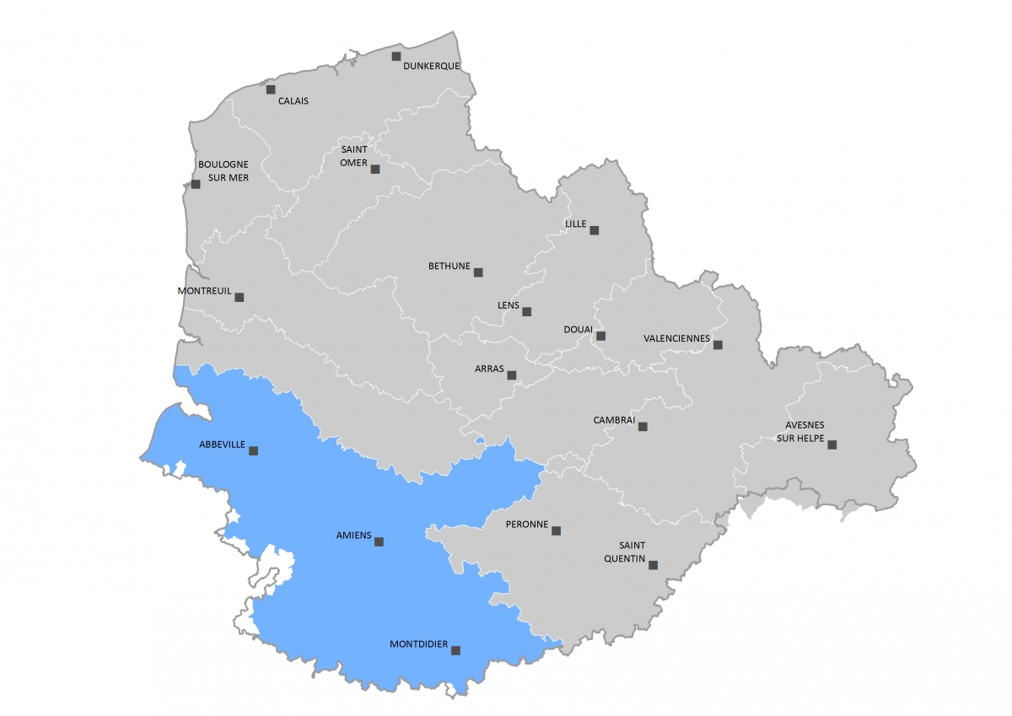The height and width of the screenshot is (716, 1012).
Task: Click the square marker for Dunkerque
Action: [396, 57]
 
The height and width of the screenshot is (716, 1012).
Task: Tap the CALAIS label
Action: [293, 101]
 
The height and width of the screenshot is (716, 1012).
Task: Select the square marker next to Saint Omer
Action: [375, 169]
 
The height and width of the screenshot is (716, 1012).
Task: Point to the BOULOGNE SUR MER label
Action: [223, 171]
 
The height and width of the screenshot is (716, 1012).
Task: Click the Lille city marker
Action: [595, 229]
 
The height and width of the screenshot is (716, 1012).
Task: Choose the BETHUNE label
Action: [449, 266]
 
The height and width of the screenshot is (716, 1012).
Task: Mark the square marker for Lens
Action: [527, 311]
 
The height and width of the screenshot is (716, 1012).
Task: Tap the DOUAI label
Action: [579, 330]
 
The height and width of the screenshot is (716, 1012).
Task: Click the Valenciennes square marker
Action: [718, 344]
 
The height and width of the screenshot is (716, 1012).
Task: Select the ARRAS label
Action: [489, 369]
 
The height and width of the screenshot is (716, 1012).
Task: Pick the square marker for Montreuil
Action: [240, 297]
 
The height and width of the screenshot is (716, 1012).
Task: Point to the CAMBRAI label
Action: [614, 420]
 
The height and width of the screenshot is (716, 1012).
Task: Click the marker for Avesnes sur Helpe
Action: [832, 444]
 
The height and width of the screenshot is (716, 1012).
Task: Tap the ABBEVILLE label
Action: [222, 444]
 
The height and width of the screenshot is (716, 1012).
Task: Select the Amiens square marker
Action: [379, 541]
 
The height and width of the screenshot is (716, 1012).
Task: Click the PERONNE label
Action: [527, 525]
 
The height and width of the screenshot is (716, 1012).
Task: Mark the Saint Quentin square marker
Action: [652, 565]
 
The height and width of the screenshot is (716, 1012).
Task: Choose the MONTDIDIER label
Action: [419, 644]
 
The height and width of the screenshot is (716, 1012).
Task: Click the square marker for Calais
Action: [271, 89]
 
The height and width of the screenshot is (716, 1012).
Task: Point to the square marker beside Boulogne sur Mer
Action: [196, 183]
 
